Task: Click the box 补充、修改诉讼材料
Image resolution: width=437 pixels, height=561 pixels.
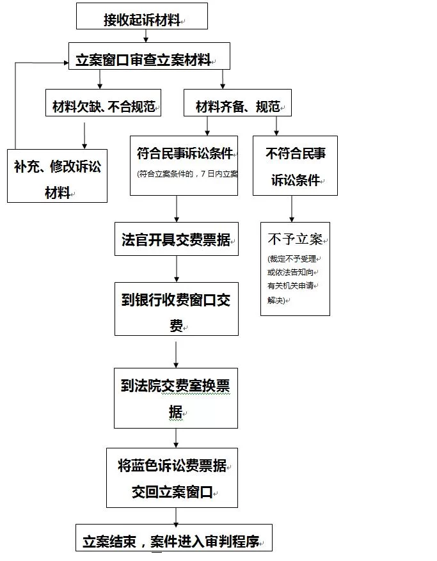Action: (57, 176)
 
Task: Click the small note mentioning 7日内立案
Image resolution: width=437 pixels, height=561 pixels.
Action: (187, 174)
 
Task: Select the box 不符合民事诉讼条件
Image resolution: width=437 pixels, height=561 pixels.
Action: (295, 166)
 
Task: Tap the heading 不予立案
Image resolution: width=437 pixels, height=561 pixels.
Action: (295, 240)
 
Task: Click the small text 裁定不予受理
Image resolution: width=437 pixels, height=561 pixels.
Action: (292, 259)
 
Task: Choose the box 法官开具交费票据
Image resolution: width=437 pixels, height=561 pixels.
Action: (177, 239)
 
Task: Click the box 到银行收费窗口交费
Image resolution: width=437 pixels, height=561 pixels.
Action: (177, 309)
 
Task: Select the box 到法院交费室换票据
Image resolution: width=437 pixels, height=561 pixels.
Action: (176, 398)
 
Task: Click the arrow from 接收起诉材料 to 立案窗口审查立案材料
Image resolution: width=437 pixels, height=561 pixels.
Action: (146, 36)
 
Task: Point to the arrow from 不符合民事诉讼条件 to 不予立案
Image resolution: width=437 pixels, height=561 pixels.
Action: (292, 209)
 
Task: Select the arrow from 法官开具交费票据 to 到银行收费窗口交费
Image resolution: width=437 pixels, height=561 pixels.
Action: (177, 269)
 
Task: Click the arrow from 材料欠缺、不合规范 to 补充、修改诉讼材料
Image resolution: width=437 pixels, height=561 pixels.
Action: (84, 136)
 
